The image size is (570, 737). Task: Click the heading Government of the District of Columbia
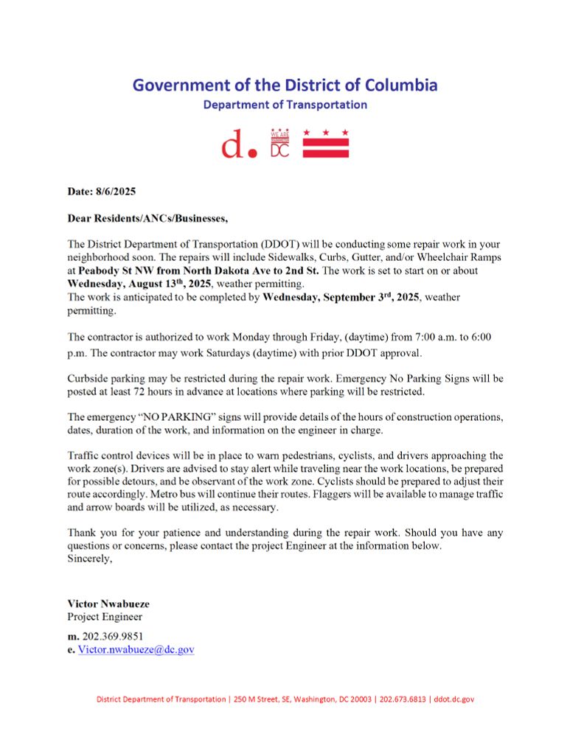click(x=285, y=85)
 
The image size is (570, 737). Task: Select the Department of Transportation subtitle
click(x=285, y=105)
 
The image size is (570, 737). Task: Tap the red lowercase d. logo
click(x=240, y=145)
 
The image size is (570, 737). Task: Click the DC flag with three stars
click(x=327, y=144)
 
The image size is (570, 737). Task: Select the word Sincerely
click(x=90, y=559)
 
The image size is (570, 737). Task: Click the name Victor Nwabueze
click(x=108, y=604)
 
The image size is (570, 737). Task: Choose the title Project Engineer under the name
click(x=105, y=617)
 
